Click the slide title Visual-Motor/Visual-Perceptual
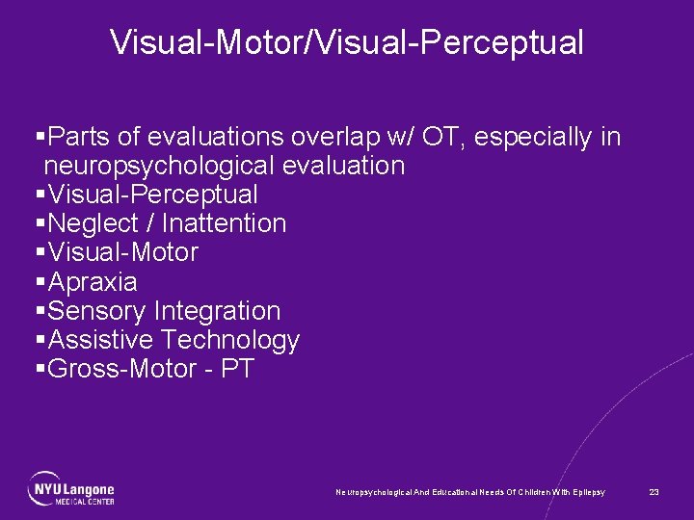346,42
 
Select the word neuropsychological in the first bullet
159,167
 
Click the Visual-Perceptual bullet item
152,195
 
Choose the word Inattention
224,224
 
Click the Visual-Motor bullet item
122,253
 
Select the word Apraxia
93,283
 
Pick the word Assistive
101,341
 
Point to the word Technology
230,341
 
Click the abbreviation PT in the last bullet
237,370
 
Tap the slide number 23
654,492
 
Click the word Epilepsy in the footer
589,492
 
